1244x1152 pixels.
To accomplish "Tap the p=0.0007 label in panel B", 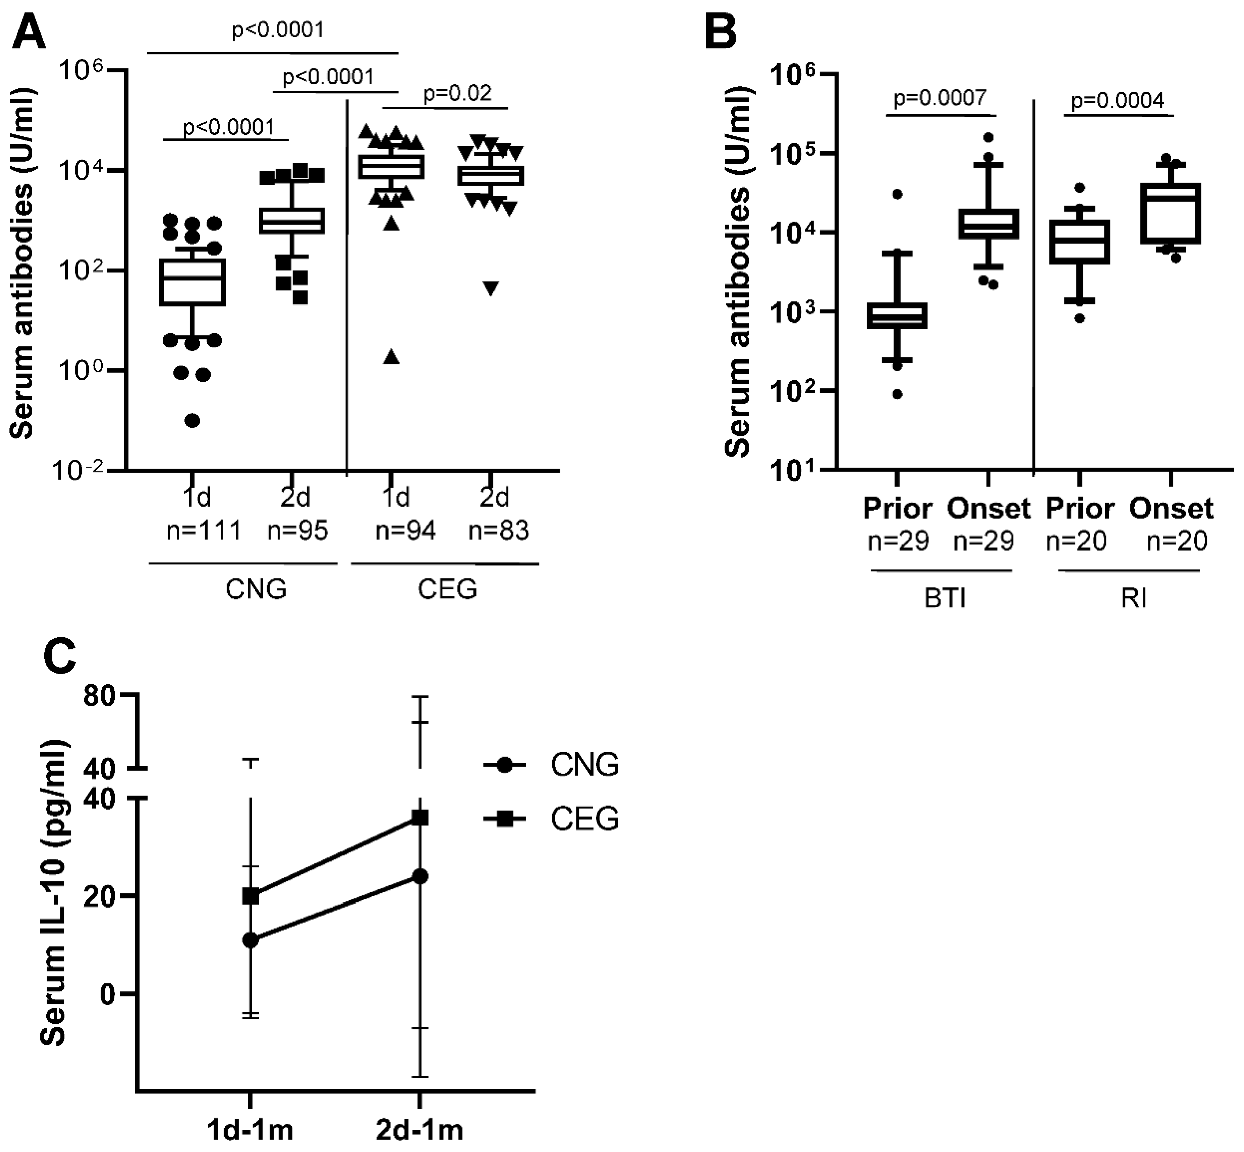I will pyautogui.click(x=940, y=98).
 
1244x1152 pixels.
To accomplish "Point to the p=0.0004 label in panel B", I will pyautogui.click(x=1117, y=100).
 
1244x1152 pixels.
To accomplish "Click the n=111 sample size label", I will pyautogui.click(x=203, y=530).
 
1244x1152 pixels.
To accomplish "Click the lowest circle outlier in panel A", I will pyautogui.click(x=192, y=421).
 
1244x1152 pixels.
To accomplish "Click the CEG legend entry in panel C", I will pyautogui.click(x=584, y=818).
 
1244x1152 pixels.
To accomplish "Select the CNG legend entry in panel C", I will pyautogui.click(x=584, y=764).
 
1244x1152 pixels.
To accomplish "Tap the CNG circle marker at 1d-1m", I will pyautogui.click(x=250, y=940).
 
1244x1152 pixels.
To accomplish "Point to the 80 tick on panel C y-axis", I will pyautogui.click(x=100, y=696).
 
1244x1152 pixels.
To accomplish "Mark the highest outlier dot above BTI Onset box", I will pyautogui.click(x=988, y=137).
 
